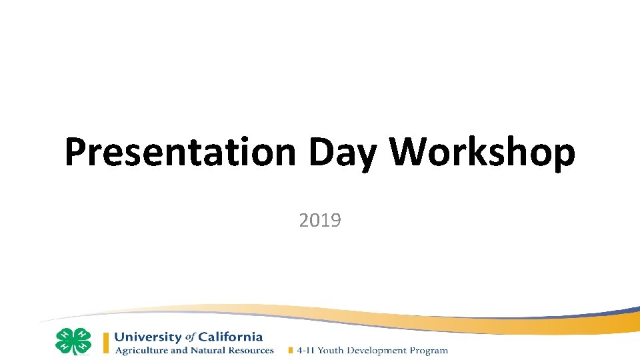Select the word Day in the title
tap(342, 153)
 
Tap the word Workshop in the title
tap(482, 153)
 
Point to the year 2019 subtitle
tap(320, 220)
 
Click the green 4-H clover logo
tap(73, 341)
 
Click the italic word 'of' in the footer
tap(189, 337)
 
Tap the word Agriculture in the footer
tap(141, 350)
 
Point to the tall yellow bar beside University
tap(106, 343)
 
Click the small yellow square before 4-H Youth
tap(291, 350)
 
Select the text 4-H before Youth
tap(305, 350)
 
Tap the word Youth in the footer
tap(331, 350)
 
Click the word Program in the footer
tap(429, 350)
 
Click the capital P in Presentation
tap(77, 153)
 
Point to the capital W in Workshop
tap(410, 153)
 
